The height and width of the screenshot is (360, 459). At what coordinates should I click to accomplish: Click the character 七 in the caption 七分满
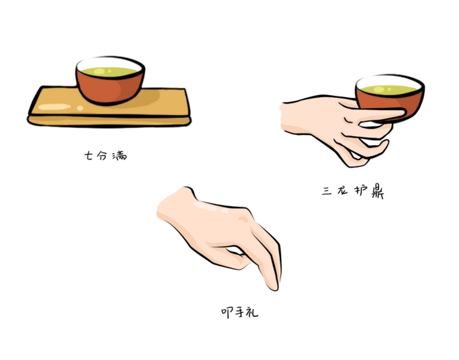point(88,155)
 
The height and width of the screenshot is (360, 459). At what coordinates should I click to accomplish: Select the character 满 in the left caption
point(120,155)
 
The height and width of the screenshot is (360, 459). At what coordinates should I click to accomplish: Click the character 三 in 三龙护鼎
point(327,191)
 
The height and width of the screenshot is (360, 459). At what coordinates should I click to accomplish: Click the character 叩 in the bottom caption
point(227,313)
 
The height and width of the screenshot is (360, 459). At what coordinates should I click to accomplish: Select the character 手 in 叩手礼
point(239,312)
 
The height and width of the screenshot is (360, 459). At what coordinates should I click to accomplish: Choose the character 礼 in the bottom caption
point(252,312)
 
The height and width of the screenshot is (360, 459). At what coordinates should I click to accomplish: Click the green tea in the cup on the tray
point(109,72)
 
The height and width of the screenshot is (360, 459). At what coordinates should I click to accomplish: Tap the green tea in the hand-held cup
point(389,90)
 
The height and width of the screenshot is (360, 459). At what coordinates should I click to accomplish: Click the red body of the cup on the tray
point(109,88)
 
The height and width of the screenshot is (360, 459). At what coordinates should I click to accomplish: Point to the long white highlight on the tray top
point(55,107)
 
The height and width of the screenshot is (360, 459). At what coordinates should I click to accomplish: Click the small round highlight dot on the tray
point(80,108)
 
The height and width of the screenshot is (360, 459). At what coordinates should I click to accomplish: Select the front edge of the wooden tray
point(109,121)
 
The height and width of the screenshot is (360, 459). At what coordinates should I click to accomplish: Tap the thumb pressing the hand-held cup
point(380,115)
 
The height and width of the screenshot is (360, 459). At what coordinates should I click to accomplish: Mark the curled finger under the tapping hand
point(231,258)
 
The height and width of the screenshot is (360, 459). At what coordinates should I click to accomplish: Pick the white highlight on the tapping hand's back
point(209,207)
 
